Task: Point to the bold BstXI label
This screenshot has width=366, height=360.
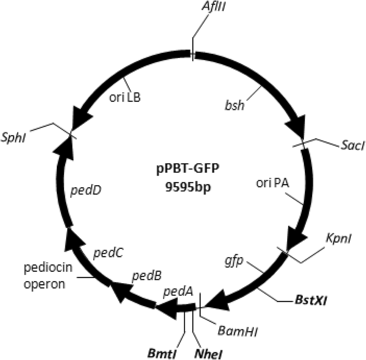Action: tap(312, 302)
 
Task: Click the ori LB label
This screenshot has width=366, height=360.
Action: tap(125, 98)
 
